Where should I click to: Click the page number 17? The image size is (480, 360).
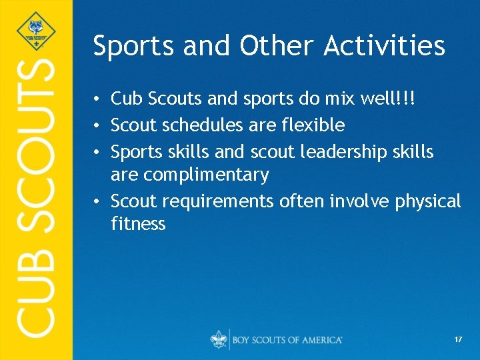[458, 339]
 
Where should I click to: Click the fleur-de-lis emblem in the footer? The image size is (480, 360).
[219, 339]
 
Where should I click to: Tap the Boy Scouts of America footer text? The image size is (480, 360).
[287, 340]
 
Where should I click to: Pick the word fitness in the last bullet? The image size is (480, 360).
[138, 224]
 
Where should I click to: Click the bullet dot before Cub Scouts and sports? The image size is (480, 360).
[97, 100]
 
